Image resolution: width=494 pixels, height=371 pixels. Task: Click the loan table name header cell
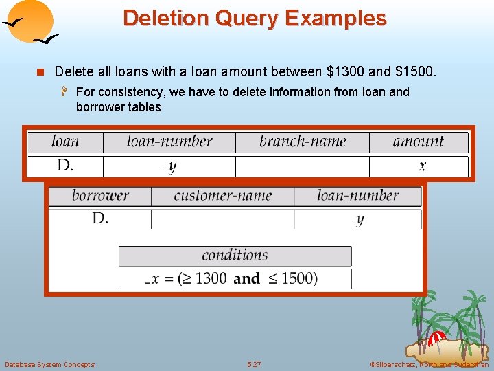pos(65,142)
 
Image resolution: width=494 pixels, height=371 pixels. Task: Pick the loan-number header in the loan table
pos(169,142)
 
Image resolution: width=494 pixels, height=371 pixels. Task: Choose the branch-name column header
pos(303,142)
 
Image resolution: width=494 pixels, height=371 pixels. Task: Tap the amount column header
pos(419,142)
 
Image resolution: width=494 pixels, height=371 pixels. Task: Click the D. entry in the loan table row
pos(66,166)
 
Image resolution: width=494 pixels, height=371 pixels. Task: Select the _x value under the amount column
pos(419,166)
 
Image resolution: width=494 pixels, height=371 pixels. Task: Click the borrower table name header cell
pos(100,195)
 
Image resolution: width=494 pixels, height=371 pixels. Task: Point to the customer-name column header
pos(222,195)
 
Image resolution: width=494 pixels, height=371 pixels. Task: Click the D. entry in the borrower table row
pos(100,218)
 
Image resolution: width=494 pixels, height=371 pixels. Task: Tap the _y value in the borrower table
pos(357,219)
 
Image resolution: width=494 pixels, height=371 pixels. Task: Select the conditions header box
pos(235,256)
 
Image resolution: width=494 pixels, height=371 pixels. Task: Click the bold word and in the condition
pos(246,278)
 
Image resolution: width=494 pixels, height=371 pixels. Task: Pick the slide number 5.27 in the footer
pos(254,364)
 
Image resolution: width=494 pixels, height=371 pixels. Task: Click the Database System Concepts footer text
pos(49,364)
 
